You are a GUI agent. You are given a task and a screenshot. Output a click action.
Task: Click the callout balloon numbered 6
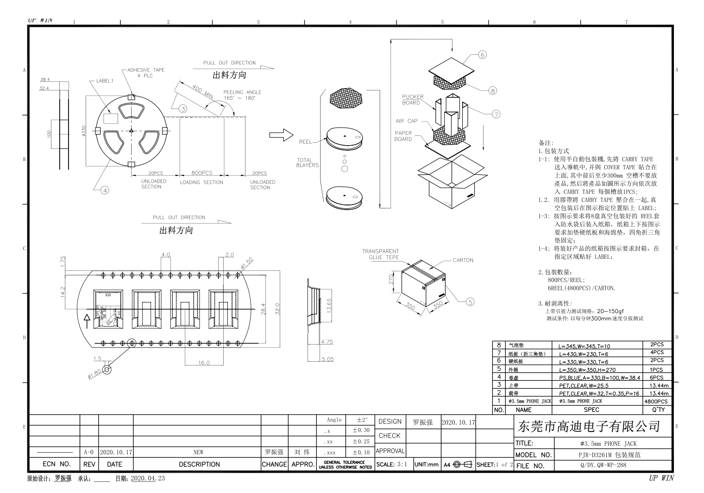click(x=483, y=55)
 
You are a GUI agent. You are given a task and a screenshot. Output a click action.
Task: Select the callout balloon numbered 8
click(x=493, y=91)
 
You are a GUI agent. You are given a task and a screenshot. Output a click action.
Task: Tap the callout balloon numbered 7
click(x=496, y=114)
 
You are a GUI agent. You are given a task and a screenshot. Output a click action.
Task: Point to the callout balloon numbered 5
click(x=470, y=302)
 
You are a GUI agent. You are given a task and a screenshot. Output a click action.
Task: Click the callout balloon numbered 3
click(x=183, y=109)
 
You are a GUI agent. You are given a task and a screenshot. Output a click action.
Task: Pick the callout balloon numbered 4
click(x=105, y=190)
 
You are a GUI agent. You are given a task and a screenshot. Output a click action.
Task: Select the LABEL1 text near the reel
click(x=104, y=81)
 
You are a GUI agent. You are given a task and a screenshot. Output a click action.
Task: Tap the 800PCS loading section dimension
click(x=201, y=173)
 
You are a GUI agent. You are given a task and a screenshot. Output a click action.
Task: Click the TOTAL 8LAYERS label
click(x=308, y=163)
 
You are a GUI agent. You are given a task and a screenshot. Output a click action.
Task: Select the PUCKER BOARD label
click(x=412, y=100)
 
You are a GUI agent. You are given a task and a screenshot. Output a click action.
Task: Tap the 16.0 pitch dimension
click(x=204, y=363)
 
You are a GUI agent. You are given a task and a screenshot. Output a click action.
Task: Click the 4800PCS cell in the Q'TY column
click(x=656, y=401)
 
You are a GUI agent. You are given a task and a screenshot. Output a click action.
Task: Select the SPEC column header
click(x=591, y=410)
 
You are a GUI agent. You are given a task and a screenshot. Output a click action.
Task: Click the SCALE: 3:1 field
click(x=392, y=464)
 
